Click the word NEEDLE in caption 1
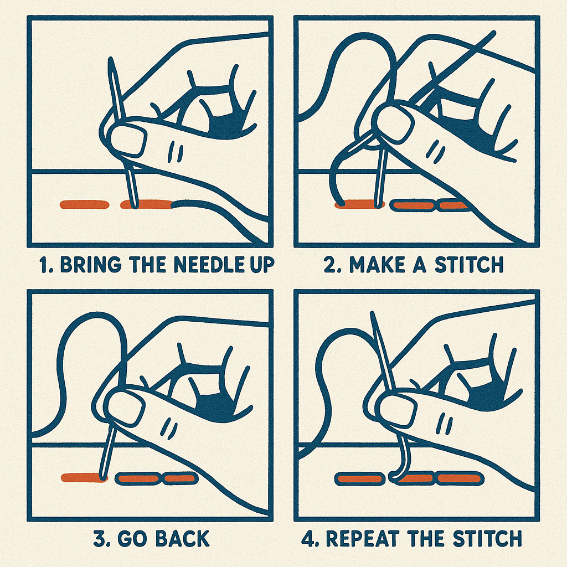pyautogui.click(x=206, y=265)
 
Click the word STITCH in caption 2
pyautogui.click(x=469, y=265)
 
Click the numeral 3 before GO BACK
pyautogui.click(x=99, y=539)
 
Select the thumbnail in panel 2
pyautogui.click(x=394, y=121)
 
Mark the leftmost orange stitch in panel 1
pyautogui.click(x=84, y=205)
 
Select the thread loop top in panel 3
pyautogui.click(x=95, y=315)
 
